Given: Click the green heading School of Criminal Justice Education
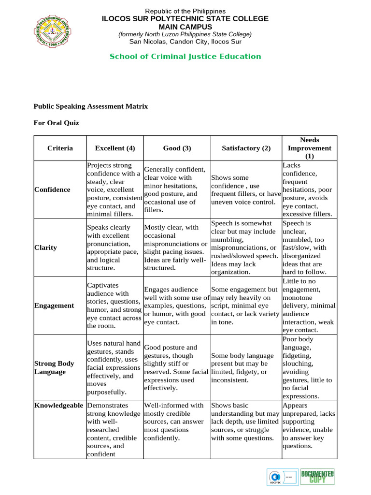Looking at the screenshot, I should [x=185, y=57].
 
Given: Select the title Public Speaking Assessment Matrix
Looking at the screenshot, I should [x=90, y=106].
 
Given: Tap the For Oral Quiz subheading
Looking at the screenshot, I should [x=56, y=123].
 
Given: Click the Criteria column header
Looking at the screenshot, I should [x=60, y=148].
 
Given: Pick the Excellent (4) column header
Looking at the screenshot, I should [x=115, y=148].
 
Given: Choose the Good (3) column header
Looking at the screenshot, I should [x=177, y=148].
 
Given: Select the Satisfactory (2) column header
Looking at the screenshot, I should [x=246, y=148].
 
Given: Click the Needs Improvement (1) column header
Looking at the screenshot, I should [x=309, y=148].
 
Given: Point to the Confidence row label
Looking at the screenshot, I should [x=52, y=189].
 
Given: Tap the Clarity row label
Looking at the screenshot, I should [x=46, y=247].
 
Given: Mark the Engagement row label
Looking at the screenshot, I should [x=54, y=306].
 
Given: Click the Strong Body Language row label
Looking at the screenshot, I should [x=54, y=367].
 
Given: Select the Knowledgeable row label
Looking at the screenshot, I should [x=58, y=405].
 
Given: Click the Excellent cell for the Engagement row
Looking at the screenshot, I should [x=114, y=306].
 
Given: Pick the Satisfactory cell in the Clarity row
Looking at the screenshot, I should [x=246, y=247].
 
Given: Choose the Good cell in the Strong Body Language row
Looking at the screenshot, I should [x=177, y=367].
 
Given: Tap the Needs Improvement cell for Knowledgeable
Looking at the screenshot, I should [x=309, y=425].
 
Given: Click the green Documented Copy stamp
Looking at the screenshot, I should [x=317, y=477].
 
